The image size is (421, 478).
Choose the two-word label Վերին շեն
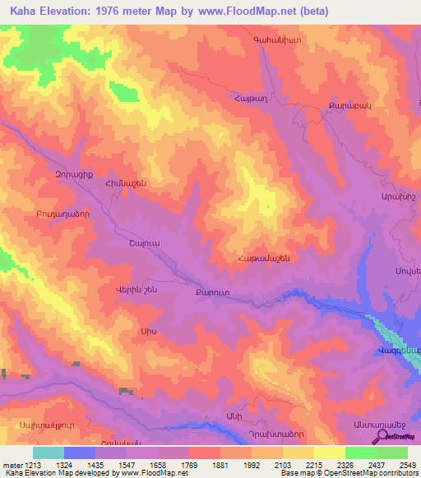(x=129, y=289)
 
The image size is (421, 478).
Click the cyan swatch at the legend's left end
(x=49, y=453)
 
